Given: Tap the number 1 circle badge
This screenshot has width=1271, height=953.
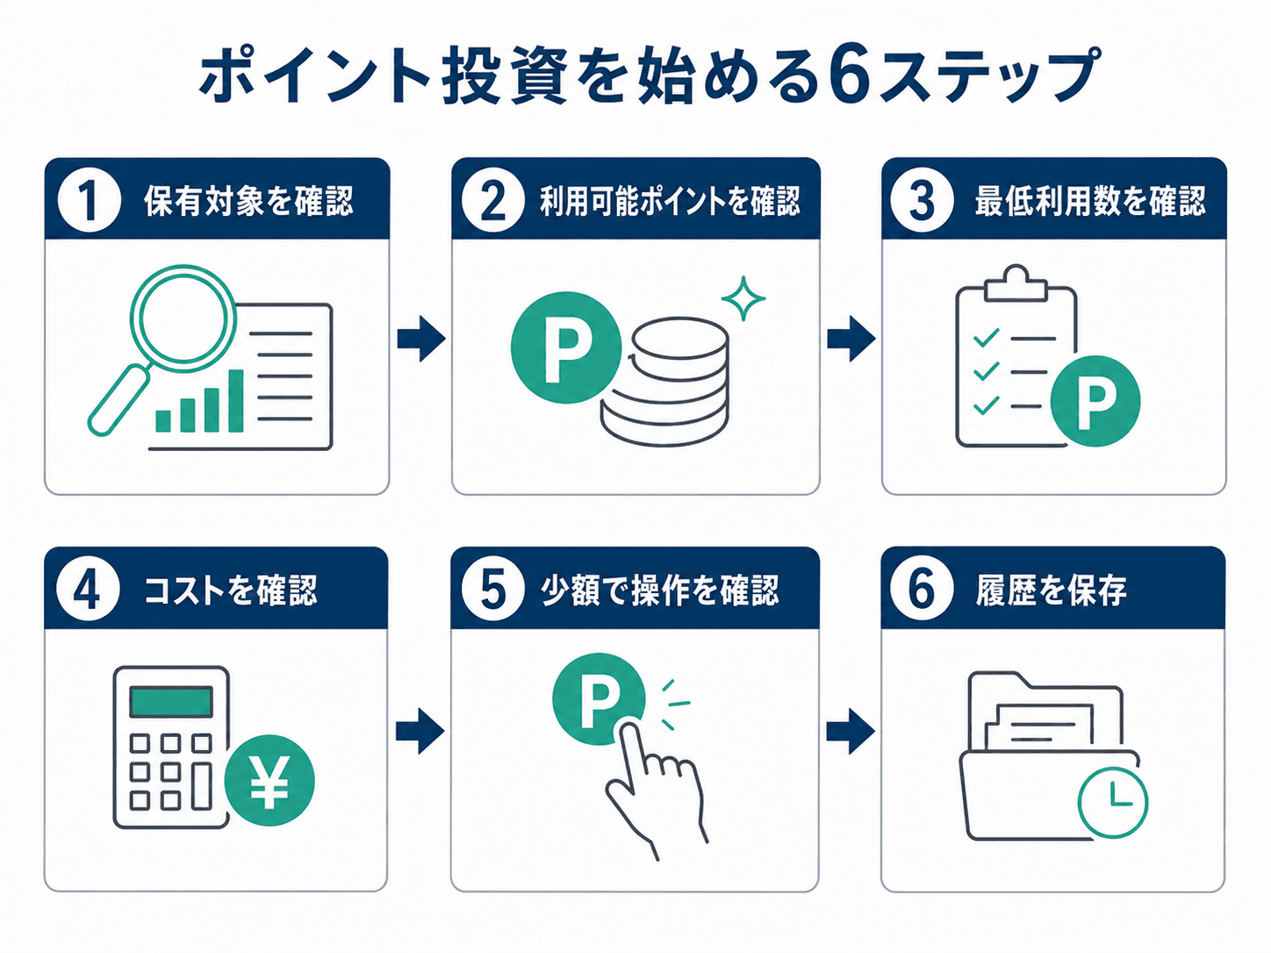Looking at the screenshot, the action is (x=90, y=200).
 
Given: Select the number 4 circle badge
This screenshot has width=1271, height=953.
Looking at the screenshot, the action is (x=88, y=590).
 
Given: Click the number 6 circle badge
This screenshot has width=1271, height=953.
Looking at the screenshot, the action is (x=922, y=590).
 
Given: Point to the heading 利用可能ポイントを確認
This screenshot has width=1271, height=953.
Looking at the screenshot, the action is (x=670, y=201).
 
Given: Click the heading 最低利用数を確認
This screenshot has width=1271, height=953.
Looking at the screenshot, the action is (x=1090, y=201).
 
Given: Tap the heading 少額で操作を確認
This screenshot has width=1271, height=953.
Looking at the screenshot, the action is (x=660, y=591).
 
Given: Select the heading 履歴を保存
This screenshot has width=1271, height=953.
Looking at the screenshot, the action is (x=1051, y=591).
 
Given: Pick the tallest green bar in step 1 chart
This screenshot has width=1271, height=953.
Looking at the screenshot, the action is (x=235, y=400).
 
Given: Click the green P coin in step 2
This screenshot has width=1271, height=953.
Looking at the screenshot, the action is (x=566, y=348).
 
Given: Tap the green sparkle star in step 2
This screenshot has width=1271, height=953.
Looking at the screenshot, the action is (x=743, y=298).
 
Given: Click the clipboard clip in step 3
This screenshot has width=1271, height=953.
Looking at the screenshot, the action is (x=1016, y=283).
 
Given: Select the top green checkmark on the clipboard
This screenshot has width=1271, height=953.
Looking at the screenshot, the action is (x=986, y=337).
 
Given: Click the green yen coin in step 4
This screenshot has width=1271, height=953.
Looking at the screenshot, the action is (x=269, y=781).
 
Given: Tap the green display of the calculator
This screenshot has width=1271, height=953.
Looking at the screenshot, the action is (x=171, y=701).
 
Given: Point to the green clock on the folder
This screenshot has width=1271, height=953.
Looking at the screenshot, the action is (x=1112, y=803).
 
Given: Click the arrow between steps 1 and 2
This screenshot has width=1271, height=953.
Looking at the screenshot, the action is (x=421, y=339).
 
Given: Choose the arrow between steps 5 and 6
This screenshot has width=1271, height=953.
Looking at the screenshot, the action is (x=851, y=731).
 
